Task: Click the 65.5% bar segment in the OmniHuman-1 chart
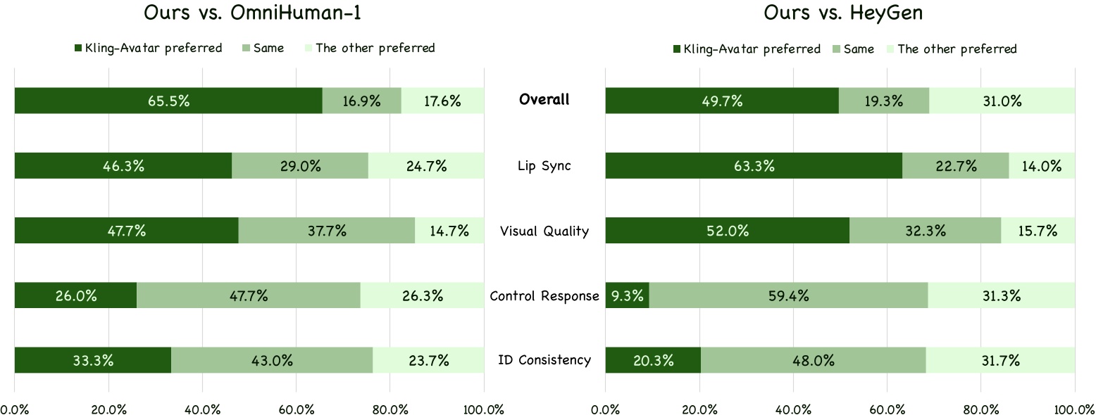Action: [x=168, y=101]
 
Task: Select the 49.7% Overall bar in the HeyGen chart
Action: [x=722, y=101]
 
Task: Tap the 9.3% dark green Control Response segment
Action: [x=627, y=295]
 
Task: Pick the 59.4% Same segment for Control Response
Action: [x=788, y=295]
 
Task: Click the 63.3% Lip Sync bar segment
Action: [x=754, y=166]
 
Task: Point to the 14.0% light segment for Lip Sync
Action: [x=1042, y=166]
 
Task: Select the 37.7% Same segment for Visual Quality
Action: [x=326, y=231]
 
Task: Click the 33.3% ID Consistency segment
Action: [x=93, y=361]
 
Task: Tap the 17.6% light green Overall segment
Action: [x=442, y=101]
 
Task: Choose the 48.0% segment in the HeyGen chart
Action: [x=813, y=361]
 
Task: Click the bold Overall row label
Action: [x=544, y=100]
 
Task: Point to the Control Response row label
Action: [x=544, y=295]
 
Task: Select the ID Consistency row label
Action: [x=544, y=360]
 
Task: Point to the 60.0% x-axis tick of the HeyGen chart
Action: [x=887, y=409]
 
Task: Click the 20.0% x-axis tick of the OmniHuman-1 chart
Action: [x=108, y=409]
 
